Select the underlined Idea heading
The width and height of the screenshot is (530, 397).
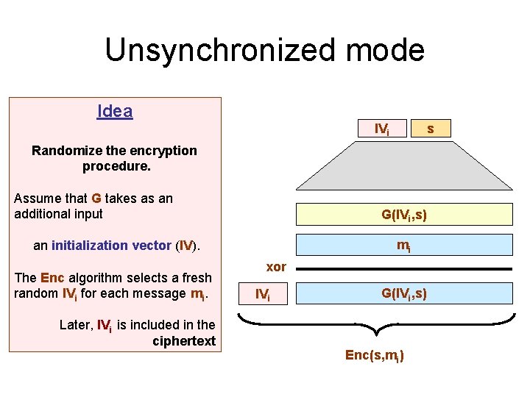click(x=115, y=112)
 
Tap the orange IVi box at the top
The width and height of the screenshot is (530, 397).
click(x=382, y=129)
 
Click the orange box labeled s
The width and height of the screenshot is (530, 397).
click(x=431, y=129)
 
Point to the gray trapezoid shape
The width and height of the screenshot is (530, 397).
click(x=403, y=165)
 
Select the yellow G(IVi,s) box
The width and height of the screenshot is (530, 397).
click(x=403, y=215)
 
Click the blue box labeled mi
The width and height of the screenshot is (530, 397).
click(x=403, y=246)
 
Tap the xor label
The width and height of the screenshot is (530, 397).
click(x=276, y=266)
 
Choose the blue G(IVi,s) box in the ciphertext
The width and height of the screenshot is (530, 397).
click(x=403, y=294)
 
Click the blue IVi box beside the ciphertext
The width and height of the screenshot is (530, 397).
click(x=261, y=295)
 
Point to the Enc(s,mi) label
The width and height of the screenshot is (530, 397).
click(x=375, y=355)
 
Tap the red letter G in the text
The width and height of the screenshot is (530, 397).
click(x=96, y=198)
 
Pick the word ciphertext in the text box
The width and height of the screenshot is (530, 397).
click(x=184, y=340)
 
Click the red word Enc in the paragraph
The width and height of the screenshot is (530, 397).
click(x=52, y=278)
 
